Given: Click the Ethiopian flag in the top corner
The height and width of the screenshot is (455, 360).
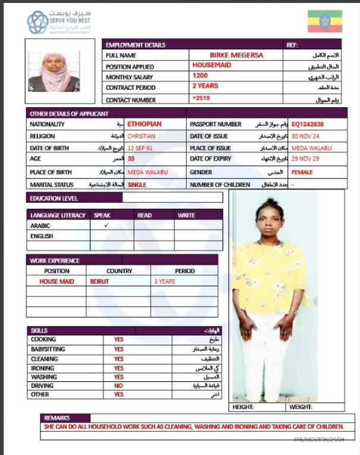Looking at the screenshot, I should pyautogui.click(x=324, y=21).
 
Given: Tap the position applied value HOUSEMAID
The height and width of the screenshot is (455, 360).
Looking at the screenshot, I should pyautogui.click(x=211, y=65).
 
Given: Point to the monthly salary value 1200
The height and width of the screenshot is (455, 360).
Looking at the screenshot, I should pyautogui.click(x=200, y=76).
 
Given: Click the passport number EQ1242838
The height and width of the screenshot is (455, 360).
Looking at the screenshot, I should pyautogui.click(x=308, y=124).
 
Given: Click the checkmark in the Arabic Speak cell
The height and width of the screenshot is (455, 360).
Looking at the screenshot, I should pyautogui.click(x=107, y=226).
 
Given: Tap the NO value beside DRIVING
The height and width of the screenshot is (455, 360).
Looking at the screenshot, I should pyautogui.click(x=118, y=385).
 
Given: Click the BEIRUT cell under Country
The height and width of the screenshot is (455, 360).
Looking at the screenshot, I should pyautogui.click(x=99, y=281).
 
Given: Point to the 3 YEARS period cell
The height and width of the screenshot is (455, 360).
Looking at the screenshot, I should pyautogui.click(x=165, y=281).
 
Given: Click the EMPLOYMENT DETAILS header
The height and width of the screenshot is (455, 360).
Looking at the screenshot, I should pyautogui.click(x=135, y=45).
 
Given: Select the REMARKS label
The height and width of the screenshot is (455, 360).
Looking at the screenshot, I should pyautogui.click(x=57, y=418).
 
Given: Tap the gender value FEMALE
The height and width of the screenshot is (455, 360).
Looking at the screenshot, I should pyautogui.click(x=302, y=172).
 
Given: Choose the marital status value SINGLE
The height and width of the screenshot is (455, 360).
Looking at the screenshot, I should pyautogui.click(x=137, y=185).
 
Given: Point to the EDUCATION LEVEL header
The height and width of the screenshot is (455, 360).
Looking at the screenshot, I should pyautogui.click(x=54, y=198).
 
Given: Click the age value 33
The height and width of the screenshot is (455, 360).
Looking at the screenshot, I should pyautogui.click(x=132, y=159).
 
